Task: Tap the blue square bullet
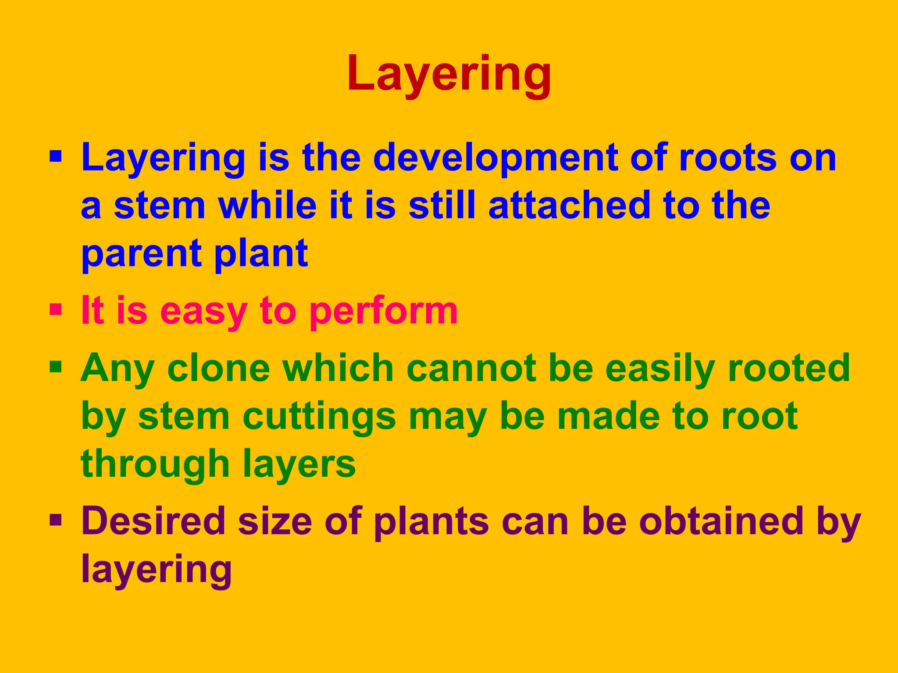click(x=56, y=156)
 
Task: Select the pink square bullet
click(x=56, y=310)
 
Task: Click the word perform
click(x=384, y=311)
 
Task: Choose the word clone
click(x=219, y=368)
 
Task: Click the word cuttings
click(x=319, y=417)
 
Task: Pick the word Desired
click(x=153, y=521)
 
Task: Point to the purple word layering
click(x=157, y=570)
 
